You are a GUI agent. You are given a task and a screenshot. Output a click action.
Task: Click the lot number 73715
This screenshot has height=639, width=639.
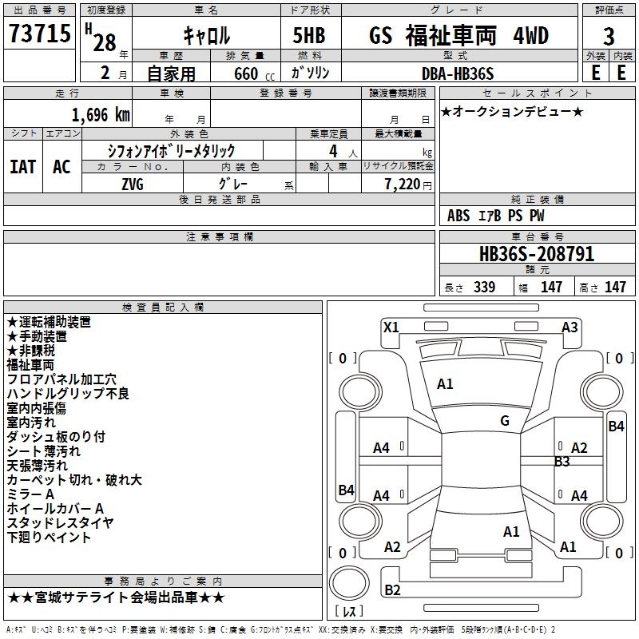[40, 34]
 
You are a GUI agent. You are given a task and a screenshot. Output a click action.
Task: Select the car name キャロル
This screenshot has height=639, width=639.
[206, 35]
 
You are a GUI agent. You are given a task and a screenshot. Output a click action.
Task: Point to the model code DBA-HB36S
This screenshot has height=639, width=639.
[458, 73]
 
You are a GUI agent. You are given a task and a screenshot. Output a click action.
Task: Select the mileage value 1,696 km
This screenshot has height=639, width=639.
[101, 114]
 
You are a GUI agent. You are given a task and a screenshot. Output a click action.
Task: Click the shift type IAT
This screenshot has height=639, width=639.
[23, 166]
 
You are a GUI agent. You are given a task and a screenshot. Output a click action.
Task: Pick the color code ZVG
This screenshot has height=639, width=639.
[133, 183]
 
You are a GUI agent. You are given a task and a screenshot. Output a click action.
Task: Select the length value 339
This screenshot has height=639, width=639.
[483, 288]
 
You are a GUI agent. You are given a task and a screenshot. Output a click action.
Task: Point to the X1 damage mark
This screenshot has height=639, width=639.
[391, 327]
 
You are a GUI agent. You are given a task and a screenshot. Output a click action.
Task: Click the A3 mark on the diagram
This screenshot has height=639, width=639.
[570, 327]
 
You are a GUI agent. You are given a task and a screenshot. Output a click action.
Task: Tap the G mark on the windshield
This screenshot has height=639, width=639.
[504, 421]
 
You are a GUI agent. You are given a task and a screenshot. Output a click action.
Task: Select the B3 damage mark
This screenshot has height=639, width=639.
[562, 461]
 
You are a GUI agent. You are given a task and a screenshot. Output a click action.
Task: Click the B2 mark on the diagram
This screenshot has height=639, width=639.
[392, 590]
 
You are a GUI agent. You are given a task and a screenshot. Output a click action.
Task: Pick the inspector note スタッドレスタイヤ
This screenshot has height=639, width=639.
[60, 522]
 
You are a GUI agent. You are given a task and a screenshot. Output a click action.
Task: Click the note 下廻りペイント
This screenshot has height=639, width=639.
[49, 537]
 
